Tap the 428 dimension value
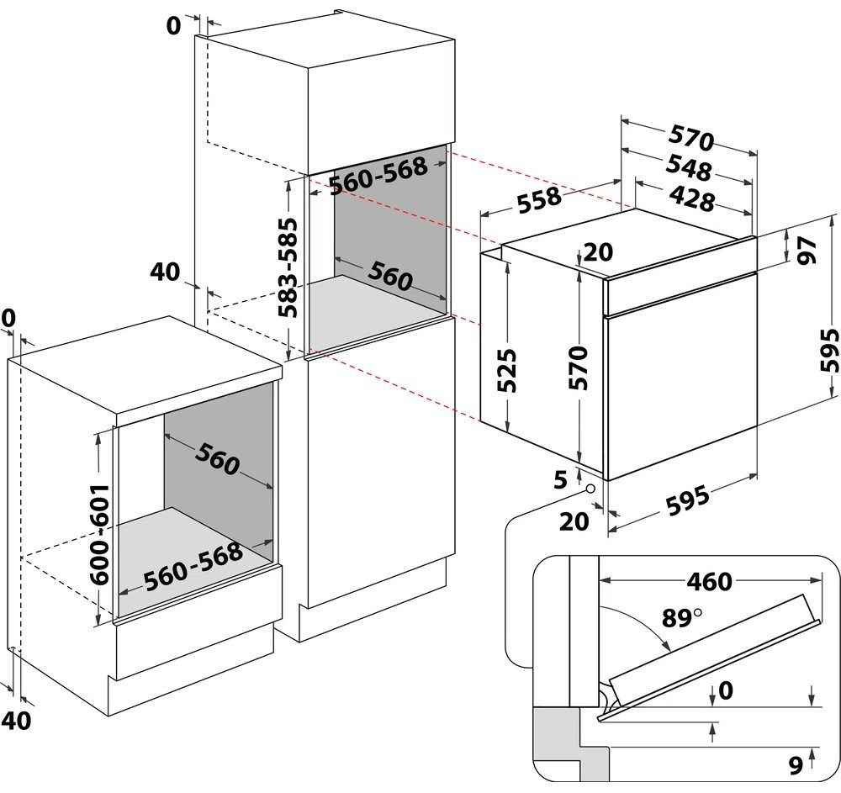[693, 198]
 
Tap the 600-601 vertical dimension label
[99, 535]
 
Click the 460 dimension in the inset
[709, 581]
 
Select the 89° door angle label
[680, 618]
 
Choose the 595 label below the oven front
[687, 504]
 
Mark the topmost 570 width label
[691, 136]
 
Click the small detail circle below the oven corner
[591, 488]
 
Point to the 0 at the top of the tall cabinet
[172, 26]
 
